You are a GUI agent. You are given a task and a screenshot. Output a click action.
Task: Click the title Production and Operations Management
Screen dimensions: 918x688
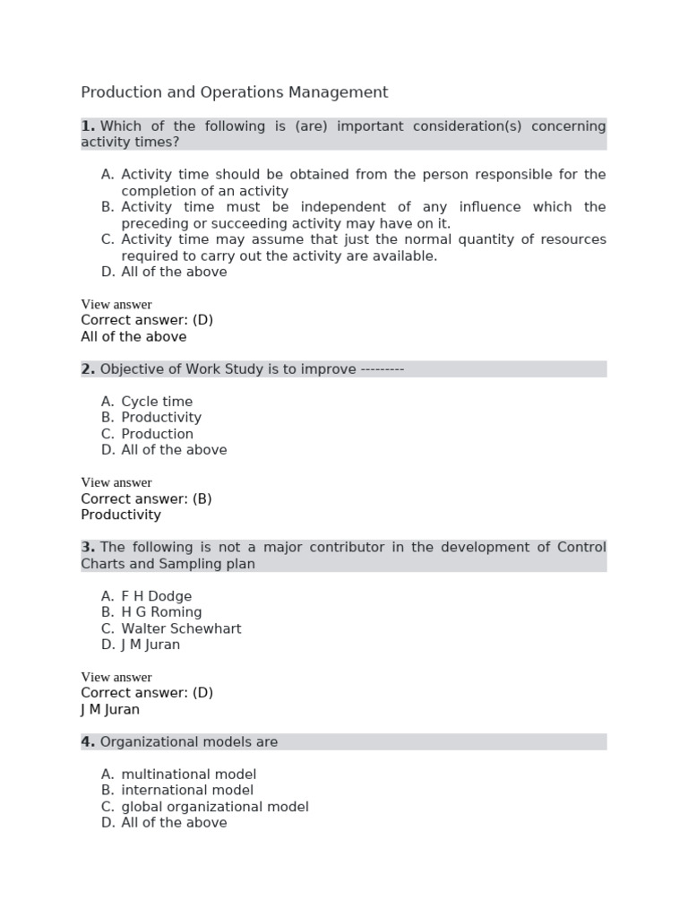235,92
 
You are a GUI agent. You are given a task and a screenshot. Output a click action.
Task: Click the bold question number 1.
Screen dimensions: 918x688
88,126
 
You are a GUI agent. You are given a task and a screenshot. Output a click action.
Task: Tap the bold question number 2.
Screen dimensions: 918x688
88,369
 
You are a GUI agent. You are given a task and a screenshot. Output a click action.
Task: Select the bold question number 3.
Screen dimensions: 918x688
88,548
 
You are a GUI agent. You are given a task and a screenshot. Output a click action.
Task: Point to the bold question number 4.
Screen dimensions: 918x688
88,742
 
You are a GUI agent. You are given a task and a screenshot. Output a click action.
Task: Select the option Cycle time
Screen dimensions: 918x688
157,402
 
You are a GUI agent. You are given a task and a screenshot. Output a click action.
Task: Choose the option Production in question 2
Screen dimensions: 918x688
157,434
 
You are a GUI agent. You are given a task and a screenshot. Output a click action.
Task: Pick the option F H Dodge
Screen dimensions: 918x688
156,596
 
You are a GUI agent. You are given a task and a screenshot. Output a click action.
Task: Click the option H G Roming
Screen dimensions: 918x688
161,612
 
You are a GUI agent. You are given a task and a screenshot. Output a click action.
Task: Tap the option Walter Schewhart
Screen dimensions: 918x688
181,628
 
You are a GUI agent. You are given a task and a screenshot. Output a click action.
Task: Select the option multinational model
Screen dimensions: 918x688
188,775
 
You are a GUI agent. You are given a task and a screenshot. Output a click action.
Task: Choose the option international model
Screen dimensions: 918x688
187,791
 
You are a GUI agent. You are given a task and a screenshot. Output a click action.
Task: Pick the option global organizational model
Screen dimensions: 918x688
215,807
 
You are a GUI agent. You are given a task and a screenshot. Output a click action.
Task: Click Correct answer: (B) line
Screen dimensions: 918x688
146,498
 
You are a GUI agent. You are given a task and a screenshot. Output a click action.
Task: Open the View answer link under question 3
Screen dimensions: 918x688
116,677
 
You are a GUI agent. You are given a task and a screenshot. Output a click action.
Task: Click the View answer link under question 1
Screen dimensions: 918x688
116,304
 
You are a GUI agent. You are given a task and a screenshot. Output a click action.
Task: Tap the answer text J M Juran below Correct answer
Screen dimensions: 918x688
110,709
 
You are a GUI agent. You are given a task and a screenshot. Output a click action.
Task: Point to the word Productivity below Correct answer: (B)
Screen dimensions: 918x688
121,515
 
